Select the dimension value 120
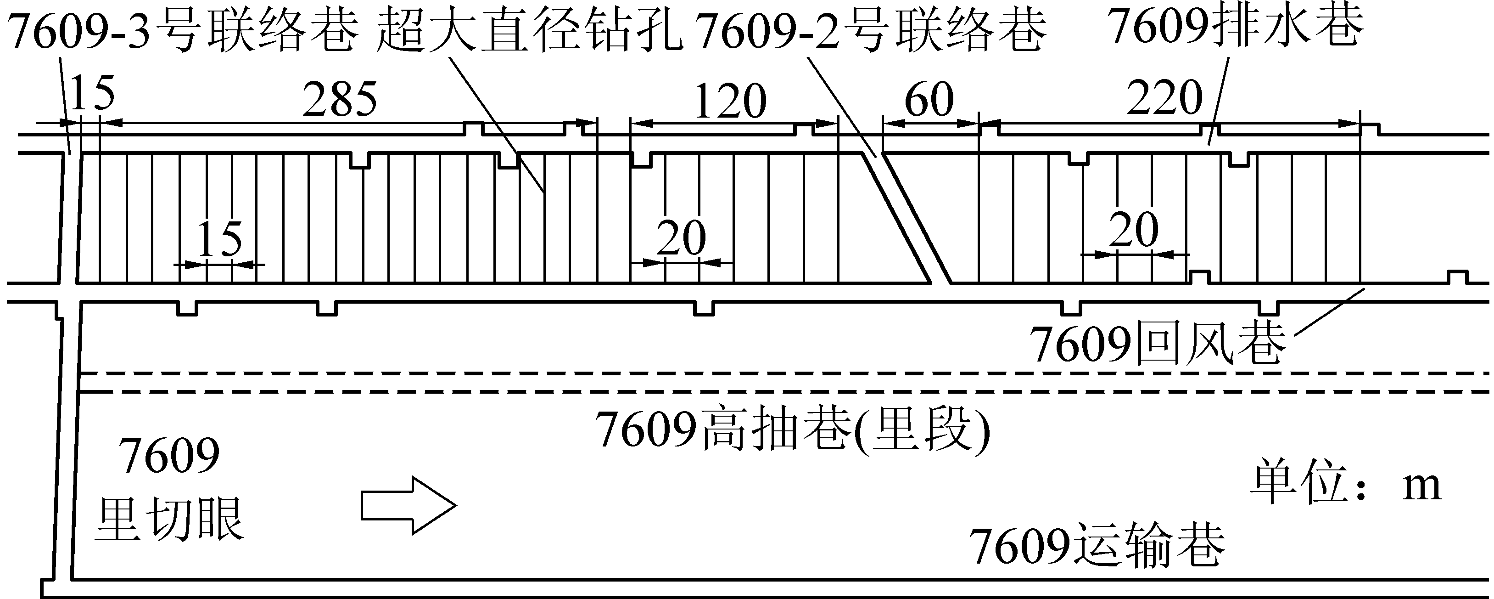730,102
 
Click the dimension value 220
1164,99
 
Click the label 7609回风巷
1157,345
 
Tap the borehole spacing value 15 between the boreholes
220,239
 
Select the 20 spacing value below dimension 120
682,238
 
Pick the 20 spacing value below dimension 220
1134,230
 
